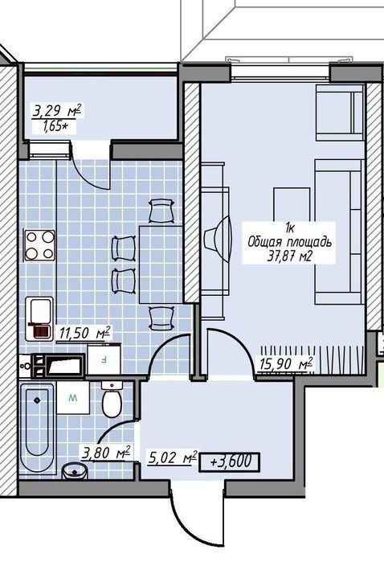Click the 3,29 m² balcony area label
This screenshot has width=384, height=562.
click(57, 111)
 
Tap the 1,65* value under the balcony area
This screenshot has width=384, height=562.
click(55, 126)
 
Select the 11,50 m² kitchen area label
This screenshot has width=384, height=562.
click(84, 333)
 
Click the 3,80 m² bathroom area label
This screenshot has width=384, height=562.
click(106, 453)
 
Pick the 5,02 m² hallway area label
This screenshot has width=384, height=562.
click(172, 458)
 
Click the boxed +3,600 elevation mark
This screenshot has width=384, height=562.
click(229, 461)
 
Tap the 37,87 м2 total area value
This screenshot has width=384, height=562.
click(288, 256)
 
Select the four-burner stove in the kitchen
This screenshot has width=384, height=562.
click(39, 245)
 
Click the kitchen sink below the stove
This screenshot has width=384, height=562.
click(39, 318)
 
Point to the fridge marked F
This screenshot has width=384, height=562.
click(104, 359)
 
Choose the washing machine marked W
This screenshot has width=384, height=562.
click(73, 397)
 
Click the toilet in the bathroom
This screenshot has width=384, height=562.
click(112, 400)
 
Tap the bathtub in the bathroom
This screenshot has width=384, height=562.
click(37, 428)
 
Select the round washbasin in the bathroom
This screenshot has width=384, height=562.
click(75, 471)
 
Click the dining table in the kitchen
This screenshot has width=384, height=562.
click(161, 265)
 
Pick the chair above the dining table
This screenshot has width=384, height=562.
click(162, 211)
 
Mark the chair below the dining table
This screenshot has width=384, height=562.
click(162, 318)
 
